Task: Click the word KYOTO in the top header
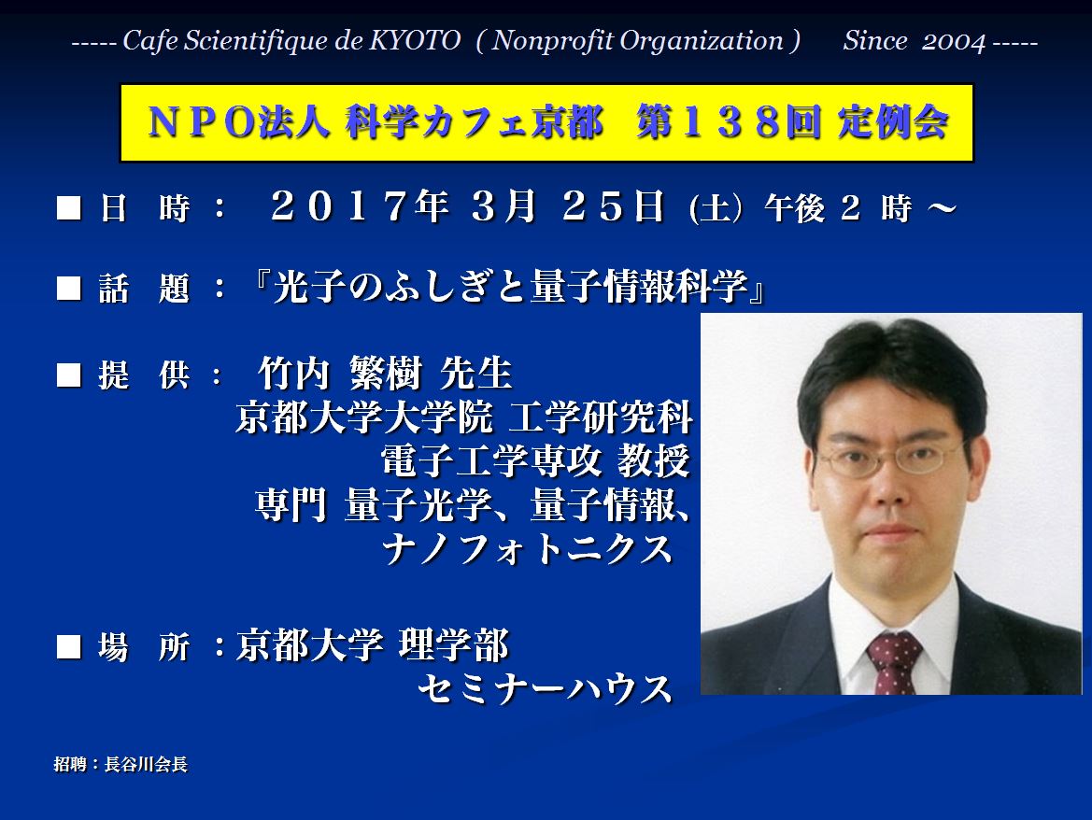(x=415, y=40)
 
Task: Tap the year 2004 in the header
(x=954, y=41)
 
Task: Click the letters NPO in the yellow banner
(x=201, y=122)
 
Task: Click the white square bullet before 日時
(x=69, y=208)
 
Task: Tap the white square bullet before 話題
(x=69, y=289)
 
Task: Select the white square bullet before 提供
(x=69, y=375)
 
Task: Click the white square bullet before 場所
(x=69, y=646)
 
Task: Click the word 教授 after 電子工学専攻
(x=653, y=460)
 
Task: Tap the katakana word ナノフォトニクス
(x=527, y=548)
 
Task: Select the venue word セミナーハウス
(x=545, y=689)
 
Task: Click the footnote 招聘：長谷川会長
(x=121, y=764)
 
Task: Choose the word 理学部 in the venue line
(x=453, y=645)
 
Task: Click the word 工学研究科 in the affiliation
(x=601, y=417)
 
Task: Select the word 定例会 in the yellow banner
(x=893, y=122)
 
